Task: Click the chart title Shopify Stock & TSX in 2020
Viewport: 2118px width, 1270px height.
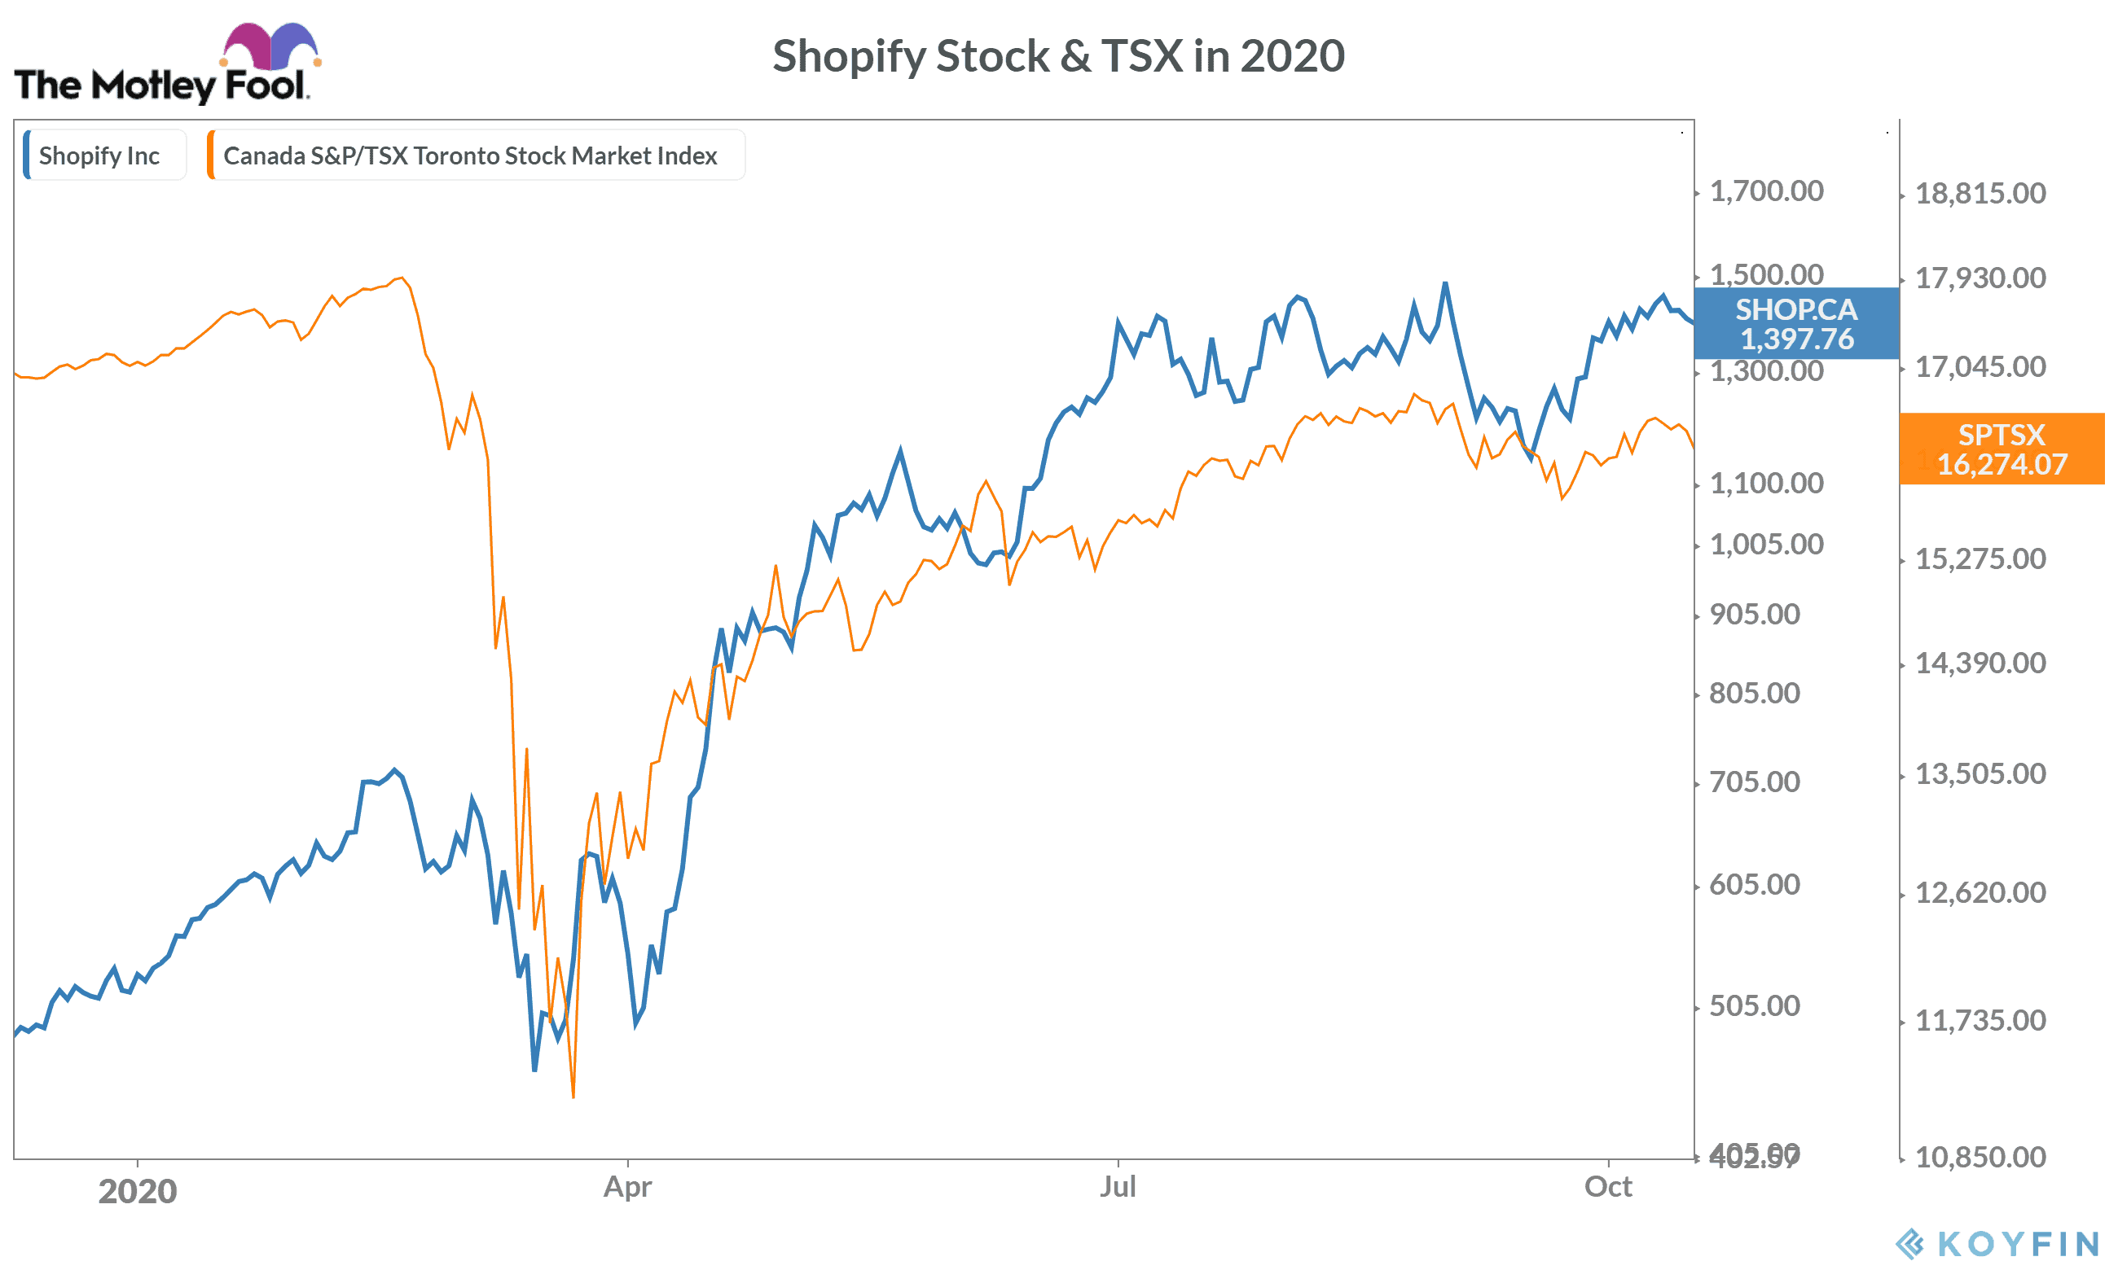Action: [1058, 56]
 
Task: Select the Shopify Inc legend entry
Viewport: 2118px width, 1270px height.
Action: [99, 155]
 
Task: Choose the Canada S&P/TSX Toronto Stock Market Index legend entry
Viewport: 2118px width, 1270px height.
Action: [470, 155]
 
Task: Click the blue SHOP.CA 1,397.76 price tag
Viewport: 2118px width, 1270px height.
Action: [1796, 323]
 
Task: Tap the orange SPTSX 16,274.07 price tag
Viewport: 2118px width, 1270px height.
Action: [2002, 449]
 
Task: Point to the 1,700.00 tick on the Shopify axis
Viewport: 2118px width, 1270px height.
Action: [1766, 190]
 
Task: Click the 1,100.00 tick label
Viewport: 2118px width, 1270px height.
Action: [1766, 484]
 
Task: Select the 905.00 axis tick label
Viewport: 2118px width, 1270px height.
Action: [1754, 615]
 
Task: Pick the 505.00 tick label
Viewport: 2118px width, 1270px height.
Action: [1754, 1005]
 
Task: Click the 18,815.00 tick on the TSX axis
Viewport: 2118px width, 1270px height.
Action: [1980, 194]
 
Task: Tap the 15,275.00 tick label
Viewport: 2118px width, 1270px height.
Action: [1980, 558]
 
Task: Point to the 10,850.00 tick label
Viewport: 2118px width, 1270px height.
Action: [1980, 1157]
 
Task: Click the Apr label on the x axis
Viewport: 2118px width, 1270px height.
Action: [627, 1187]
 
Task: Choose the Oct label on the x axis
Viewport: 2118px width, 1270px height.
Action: [1608, 1187]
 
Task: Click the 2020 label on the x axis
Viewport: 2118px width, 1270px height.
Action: [137, 1191]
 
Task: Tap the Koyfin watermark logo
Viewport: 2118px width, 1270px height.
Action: [1997, 1243]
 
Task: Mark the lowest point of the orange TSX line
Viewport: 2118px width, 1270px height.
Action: [573, 1097]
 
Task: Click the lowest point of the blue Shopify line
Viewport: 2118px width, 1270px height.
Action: [534, 1070]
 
